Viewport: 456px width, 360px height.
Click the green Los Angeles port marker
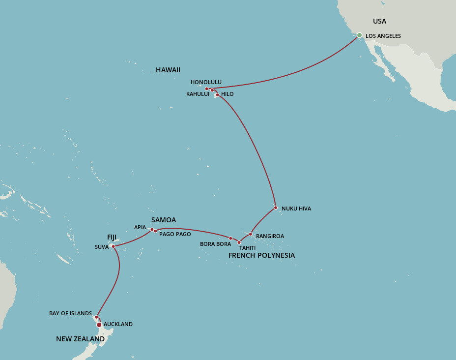tap(359, 35)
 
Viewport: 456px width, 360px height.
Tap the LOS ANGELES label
tap(383, 36)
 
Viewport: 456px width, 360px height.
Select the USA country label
tap(379, 21)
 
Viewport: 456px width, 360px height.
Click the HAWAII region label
tap(168, 70)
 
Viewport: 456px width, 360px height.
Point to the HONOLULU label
tap(206, 82)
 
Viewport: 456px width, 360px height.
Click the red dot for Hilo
tap(217, 95)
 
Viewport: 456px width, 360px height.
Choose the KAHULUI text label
tap(198, 94)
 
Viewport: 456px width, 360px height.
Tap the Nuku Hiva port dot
tap(276, 208)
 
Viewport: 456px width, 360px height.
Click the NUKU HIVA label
tap(296, 209)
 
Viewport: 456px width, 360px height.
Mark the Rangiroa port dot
tap(251, 234)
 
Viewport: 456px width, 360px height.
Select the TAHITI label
tap(247, 247)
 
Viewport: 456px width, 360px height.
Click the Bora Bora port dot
tap(231, 239)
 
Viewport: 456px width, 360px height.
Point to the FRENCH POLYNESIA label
tap(261, 255)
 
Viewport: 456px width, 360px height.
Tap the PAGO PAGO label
tap(175, 234)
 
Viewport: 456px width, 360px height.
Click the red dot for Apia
tap(152, 229)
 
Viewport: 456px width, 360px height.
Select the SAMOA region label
tap(164, 220)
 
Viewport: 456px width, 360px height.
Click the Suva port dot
tap(114, 246)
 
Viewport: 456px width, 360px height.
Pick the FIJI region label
tap(112, 237)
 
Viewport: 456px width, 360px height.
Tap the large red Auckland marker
tap(99, 325)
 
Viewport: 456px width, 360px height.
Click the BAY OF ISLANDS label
tap(70, 313)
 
